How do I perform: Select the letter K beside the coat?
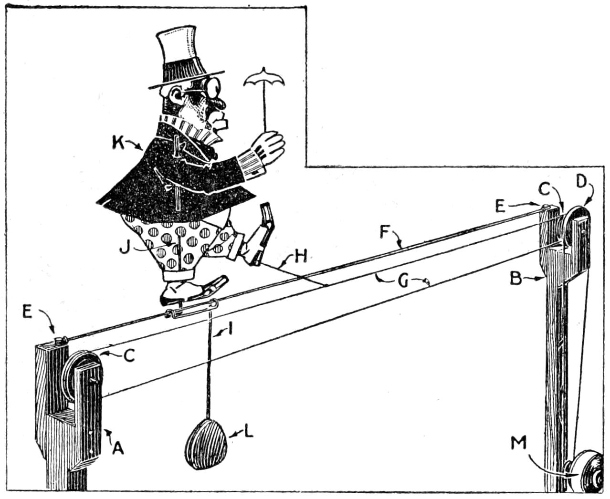click(118, 143)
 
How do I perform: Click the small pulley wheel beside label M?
click(589, 474)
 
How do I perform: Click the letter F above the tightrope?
click(385, 232)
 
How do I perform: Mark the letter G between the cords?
click(403, 281)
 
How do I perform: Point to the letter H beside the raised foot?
click(300, 257)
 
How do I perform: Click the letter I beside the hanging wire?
click(231, 329)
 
